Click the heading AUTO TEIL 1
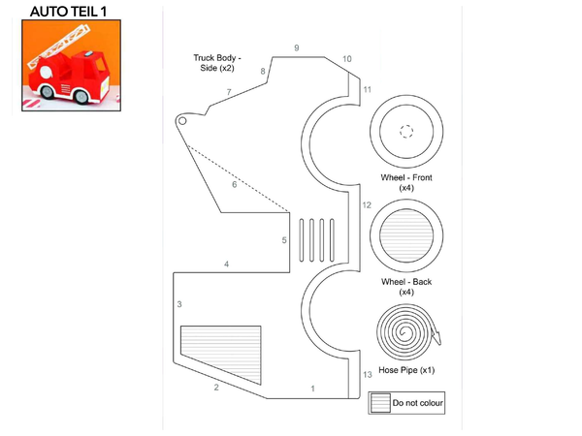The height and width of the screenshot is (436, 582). point(68,12)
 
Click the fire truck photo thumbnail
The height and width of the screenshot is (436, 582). point(71,65)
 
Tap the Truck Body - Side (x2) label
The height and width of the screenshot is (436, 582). point(217,63)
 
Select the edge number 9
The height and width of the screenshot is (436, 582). point(297,47)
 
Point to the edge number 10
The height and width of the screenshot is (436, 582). point(347,59)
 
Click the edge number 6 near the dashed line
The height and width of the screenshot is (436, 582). point(234,184)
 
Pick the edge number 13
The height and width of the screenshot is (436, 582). point(368,374)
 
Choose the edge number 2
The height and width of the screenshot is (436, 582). point(216,388)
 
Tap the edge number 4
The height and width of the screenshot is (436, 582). point(226,265)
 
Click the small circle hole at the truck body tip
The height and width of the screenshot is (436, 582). point(182,121)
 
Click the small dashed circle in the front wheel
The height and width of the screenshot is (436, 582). point(406,131)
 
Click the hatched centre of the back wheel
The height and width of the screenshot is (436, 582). point(406,235)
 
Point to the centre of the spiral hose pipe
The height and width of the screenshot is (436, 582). point(404,331)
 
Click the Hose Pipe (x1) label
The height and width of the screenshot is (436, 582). point(406,370)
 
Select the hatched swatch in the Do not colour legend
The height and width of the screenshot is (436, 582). point(380,403)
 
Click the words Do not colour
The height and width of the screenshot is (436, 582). point(417,403)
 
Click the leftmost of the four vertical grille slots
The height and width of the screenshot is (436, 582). point(302,240)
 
